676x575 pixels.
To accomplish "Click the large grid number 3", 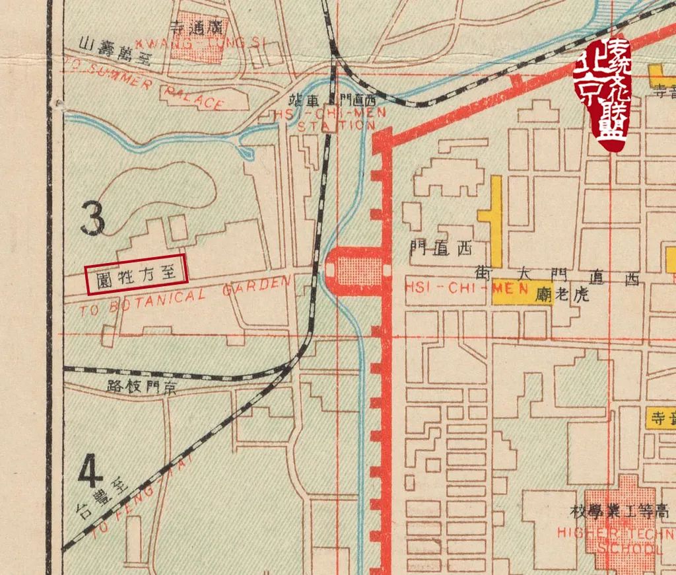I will [x=92, y=219].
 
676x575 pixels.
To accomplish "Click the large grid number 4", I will [x=91, y=471].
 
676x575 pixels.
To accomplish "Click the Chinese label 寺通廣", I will [x=198, y=27].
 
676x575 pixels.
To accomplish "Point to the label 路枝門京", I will [x=143, y=387].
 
